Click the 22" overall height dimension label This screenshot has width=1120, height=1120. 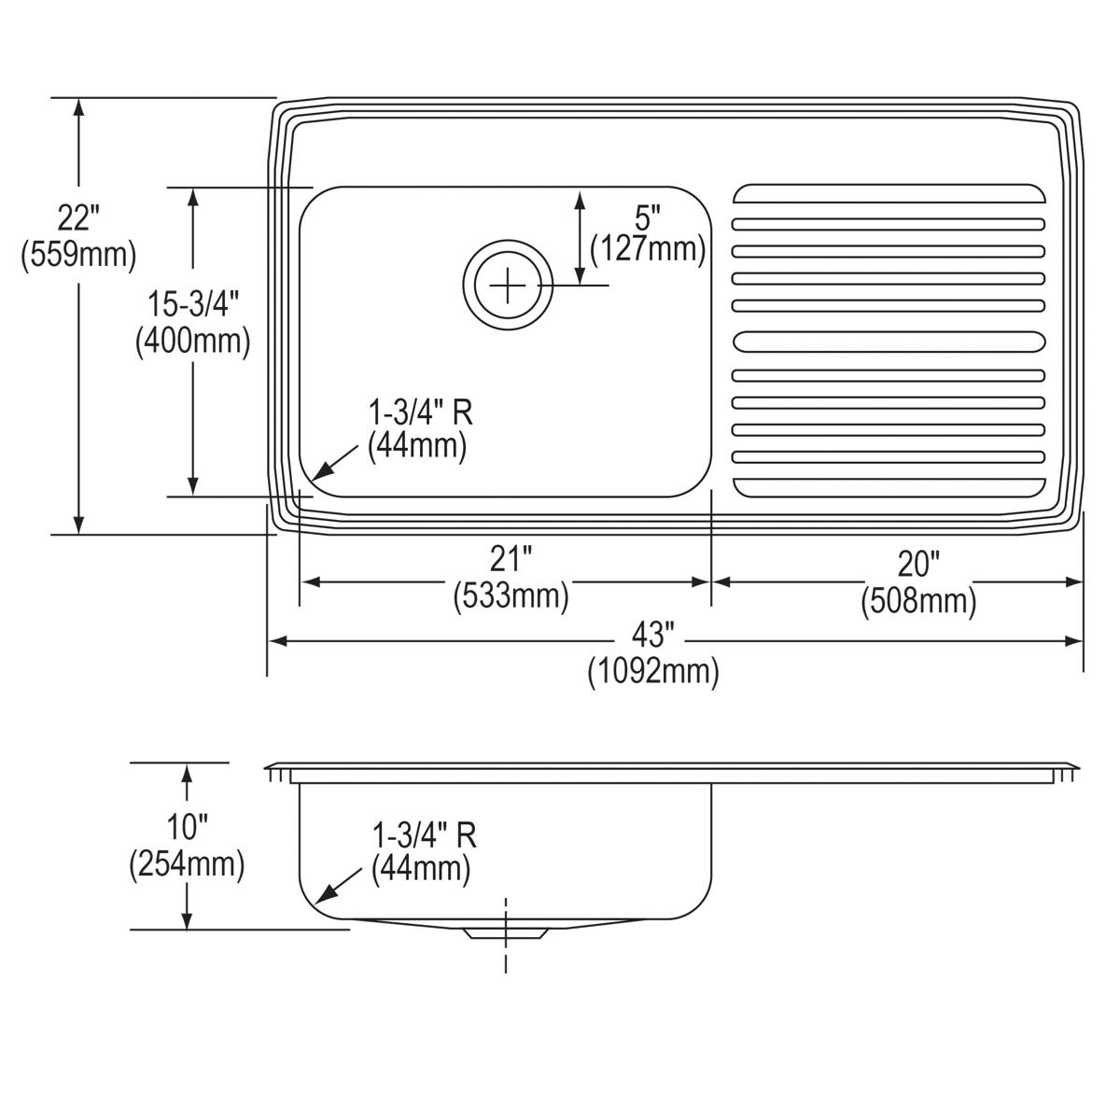click(78, 220)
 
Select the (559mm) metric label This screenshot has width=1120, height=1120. click(78, 253)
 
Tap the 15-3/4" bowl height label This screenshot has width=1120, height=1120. click(193, 305)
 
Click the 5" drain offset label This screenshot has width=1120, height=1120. click(647, 217)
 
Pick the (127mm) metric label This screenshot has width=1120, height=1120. click(647, 249)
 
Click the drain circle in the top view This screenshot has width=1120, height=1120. click(508, 285)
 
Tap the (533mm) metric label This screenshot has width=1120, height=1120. click(511, 595)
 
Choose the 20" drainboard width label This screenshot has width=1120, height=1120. click(918, 565)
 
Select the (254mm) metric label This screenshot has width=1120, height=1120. click(187, 864)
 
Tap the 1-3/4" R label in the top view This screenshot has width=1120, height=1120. click(416, 412)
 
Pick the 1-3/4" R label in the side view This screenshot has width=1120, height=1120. click(424, 834)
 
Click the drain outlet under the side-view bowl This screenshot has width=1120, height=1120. click(505, 931)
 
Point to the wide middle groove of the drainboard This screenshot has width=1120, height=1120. click(889, 343)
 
